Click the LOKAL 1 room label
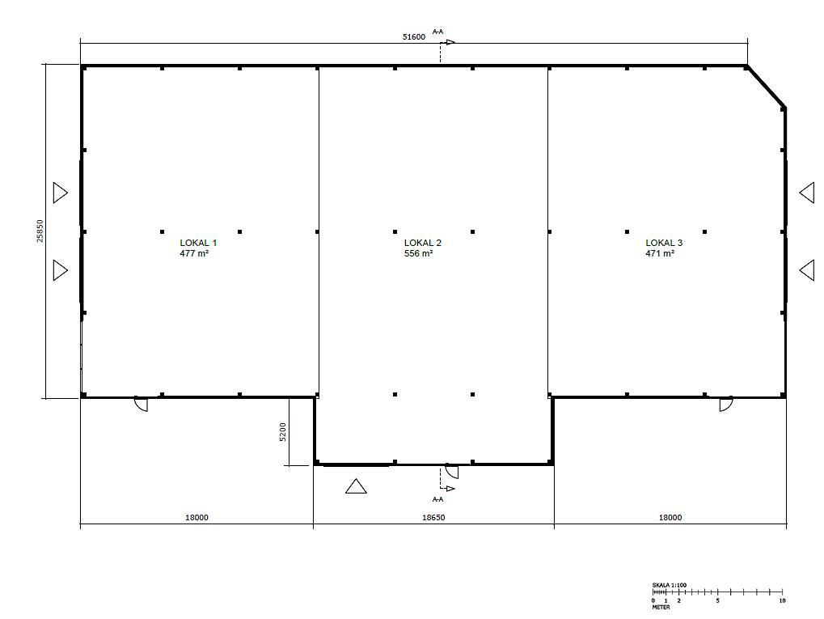coord(198,243)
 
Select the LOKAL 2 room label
coord(422,243)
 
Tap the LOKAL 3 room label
coord(664,243)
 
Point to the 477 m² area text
coord(194,253)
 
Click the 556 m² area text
coord(419,253)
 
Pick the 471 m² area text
coord(660,253)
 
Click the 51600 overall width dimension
coord(414,36)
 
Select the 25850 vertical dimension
coord(40,231)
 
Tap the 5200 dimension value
coord(283,432)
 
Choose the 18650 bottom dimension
coord(433,518)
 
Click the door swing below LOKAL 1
coord(141,404)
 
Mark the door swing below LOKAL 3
coord(725,404)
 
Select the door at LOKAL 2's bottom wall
coord(452,471)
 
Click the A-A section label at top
coord(437,32)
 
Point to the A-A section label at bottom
coord(437,499)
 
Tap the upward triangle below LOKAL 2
coord(356,486)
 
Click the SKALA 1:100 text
coord(669,585)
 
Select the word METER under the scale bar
coord(661,607)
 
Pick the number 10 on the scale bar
coord(782,600)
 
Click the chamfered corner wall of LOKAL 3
coord(765,87)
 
